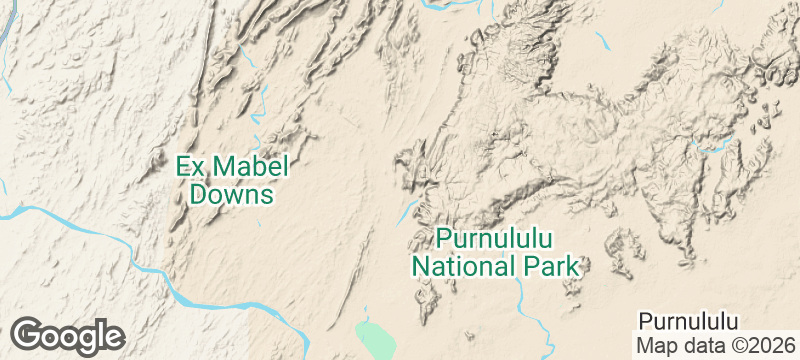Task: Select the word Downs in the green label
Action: (x=232, y=194)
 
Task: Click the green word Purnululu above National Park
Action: (x=497, y=240)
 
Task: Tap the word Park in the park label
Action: (x=554, y=267)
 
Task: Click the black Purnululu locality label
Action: (x=688, y=321)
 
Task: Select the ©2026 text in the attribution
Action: (x=757, y=345)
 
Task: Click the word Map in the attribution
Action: (x=657, y=345)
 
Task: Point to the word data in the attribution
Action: (x=701, y=345)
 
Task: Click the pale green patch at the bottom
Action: (x=374, y=338)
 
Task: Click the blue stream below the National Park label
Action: (x=523, y=296)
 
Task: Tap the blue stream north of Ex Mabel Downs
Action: (x=263, y=100)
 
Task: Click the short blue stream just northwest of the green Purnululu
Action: (x=409, y=209)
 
